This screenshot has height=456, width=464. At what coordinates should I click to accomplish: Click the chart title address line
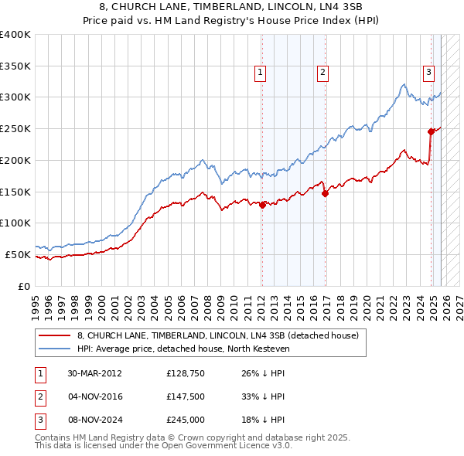pyautogui.click(x=231, y=7)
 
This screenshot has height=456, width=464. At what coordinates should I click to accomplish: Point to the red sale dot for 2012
pyautogui.click(x=262, y=205)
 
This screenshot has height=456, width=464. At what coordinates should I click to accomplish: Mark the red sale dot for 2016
pyautogui.click(x=325, y=193)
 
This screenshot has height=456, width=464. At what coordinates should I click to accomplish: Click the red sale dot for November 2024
pyautogui.click(x=431, y=132)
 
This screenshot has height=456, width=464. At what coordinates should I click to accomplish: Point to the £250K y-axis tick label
pyautogui.click(x=15, y=129)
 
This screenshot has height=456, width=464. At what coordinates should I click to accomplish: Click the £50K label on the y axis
pyautogui.click(x=19, y=254)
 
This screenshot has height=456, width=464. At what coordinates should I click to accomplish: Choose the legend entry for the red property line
pyautogui.click(x=217, y=336)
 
